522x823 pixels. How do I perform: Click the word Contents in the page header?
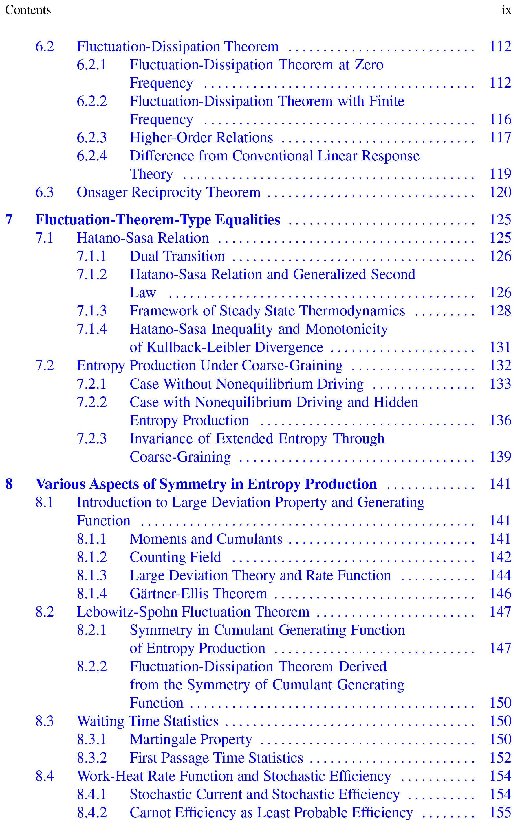click(x=28, y=10)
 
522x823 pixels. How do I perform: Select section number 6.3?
click(x=45, y=192)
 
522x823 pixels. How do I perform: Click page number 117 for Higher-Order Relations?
click(x=500, y=138)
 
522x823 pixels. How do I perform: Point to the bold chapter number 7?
click(x=9, y=220)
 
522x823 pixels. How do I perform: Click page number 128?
click(x=500, y=311)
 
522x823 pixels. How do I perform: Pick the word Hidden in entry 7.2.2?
click(x=395, y=402)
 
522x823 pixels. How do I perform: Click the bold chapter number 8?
click(x=9, y=484)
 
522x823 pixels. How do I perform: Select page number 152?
click(x=500, y=758)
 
